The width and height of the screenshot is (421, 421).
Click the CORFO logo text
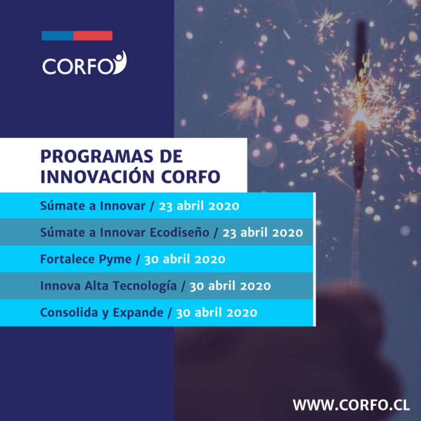point(78,67)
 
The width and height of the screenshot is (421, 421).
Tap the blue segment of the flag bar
point(57,36)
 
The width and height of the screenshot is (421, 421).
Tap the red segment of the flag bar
point(93,36)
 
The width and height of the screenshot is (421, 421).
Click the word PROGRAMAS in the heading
point(97,156)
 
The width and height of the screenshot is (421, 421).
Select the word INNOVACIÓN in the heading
point(97,177)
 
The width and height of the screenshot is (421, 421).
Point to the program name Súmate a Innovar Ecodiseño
point(125,232)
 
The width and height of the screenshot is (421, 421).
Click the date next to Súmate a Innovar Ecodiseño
point(263,232)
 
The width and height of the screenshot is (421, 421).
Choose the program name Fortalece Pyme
point(86,259)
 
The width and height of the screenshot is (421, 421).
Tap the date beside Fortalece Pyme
point(184,259)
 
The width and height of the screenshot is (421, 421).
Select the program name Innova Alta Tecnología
point(108,286)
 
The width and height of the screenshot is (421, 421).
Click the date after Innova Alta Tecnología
point(230,286)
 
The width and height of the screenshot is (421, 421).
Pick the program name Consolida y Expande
point(102,313)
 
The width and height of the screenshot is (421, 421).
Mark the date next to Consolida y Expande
point(217,313)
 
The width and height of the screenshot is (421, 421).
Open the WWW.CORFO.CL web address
point(351,405)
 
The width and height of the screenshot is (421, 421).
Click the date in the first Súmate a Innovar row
point(199,206)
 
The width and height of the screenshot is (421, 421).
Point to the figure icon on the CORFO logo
point(120,62)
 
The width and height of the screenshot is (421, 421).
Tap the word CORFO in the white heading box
point(191,177)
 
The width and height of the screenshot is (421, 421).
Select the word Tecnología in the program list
point(145,286)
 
